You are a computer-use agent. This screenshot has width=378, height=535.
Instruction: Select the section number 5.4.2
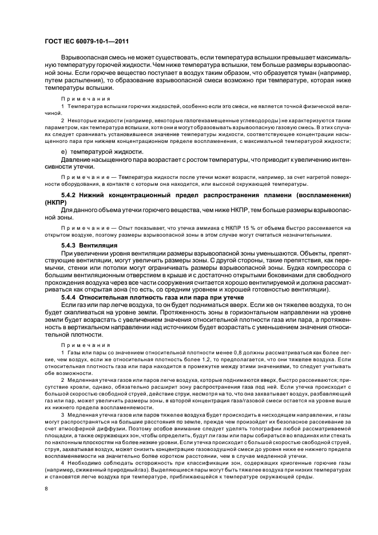[69, 195]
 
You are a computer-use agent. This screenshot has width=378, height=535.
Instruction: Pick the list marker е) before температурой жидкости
[64, 151]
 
